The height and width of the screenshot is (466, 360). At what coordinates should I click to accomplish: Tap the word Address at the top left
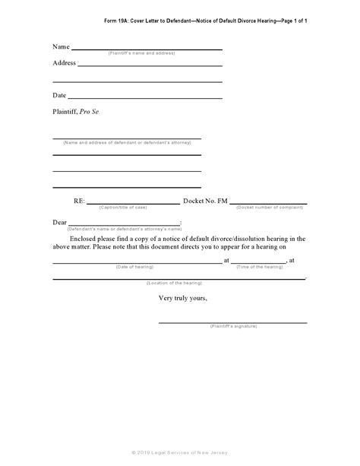pos(65,63)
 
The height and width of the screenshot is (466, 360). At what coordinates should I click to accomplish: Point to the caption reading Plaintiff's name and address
pos(141,54)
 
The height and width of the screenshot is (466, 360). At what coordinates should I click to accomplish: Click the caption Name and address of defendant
pos(127,143)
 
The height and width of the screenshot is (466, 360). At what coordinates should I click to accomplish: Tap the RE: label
pos(79,201)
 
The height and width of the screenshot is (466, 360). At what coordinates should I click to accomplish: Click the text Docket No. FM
pos(205,201)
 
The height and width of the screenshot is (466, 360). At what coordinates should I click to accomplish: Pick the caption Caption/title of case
pos(126,207)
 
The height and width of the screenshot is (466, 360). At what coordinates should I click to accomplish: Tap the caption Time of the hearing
pos(259,267)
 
